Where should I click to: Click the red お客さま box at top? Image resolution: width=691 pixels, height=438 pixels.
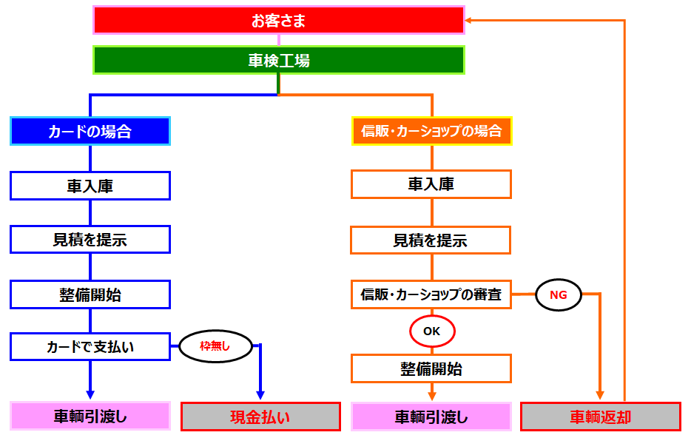click(278, 20)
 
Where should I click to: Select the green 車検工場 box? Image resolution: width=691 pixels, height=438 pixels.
click(278, 60)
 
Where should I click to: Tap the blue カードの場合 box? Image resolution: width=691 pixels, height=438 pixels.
click(90, 131)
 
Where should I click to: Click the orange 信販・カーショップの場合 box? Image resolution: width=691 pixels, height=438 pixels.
click(431, 131)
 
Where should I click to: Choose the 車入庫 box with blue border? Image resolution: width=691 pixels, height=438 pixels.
click(90, 186)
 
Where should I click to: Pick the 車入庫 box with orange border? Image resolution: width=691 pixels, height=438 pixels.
click(431, 184)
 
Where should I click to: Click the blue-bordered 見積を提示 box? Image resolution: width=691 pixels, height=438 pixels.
click(90, 240)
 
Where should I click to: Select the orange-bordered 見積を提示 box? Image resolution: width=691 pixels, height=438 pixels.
click(431, 240)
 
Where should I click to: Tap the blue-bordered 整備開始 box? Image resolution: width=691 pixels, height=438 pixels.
click(90, 294)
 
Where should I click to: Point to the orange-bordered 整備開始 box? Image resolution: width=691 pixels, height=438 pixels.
click(431, 368)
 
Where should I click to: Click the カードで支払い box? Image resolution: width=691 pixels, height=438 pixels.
click(90, 346)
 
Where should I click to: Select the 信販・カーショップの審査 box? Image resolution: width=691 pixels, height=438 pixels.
click(431, 294)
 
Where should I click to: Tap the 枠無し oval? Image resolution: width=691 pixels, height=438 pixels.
click(215, 346)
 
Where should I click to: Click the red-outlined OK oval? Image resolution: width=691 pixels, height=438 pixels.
click(432, 331)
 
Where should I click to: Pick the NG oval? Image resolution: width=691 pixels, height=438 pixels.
click(559, 294)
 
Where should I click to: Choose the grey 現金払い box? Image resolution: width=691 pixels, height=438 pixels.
click(260, 417)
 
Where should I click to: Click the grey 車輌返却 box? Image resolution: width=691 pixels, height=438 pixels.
click(600, 417)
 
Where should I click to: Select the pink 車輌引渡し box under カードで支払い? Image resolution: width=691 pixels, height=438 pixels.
click(90, 417)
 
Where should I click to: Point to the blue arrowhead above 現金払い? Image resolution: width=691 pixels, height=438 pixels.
click(260, 395)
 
